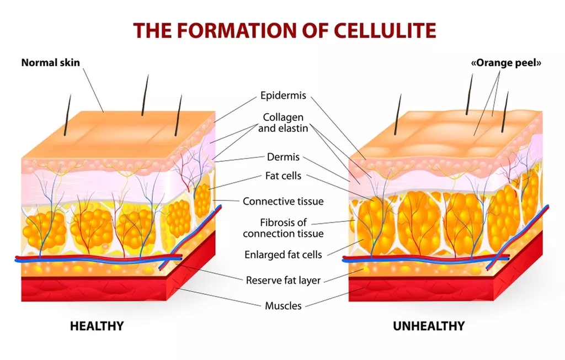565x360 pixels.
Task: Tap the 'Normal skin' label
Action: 50,62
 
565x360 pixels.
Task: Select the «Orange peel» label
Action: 505,62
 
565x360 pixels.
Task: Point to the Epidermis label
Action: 283,96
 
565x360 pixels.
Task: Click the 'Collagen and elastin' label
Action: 283,123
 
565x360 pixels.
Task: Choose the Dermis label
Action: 283,157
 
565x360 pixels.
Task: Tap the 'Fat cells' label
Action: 283,177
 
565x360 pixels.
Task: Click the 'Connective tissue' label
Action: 283,201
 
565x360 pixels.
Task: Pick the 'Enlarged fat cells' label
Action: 283,255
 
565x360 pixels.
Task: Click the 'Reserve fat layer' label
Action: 283,279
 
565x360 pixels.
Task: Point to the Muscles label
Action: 283,305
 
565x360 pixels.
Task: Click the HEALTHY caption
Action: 97,326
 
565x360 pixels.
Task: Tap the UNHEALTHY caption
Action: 428,326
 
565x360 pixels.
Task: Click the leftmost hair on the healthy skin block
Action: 67,115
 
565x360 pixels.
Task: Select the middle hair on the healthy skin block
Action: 145,95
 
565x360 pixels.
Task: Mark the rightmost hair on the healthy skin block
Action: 178,115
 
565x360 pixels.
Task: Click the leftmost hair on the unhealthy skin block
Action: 397,115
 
